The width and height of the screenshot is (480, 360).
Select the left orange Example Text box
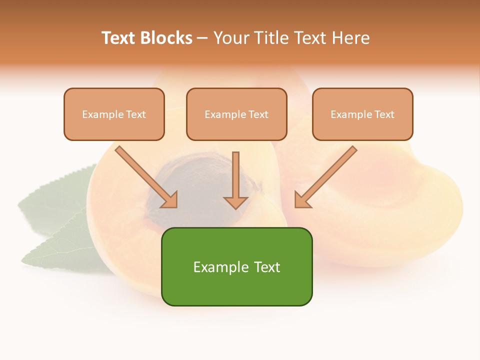pos(114,114)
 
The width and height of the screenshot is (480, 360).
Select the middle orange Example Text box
pos(236,114)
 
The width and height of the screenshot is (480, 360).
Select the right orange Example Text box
pos(362,114)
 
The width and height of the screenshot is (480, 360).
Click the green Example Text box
pos(236,266)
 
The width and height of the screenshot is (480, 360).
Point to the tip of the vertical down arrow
pos(235,207)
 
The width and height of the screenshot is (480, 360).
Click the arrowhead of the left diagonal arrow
pos(171,201)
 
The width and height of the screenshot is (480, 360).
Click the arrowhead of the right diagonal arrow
pos(301,201)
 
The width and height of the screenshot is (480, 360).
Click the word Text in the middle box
pos(258,114)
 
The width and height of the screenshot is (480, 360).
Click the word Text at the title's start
pos(118,38)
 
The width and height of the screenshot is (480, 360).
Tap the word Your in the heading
pos(230,38)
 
